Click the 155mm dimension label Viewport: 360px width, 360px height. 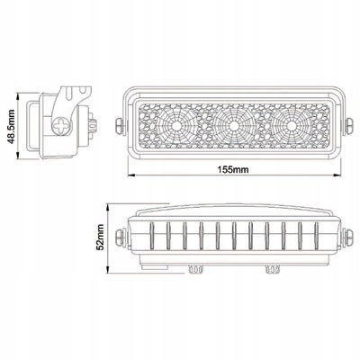pos(233,170)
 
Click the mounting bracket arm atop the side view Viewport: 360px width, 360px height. pos(76,91)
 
